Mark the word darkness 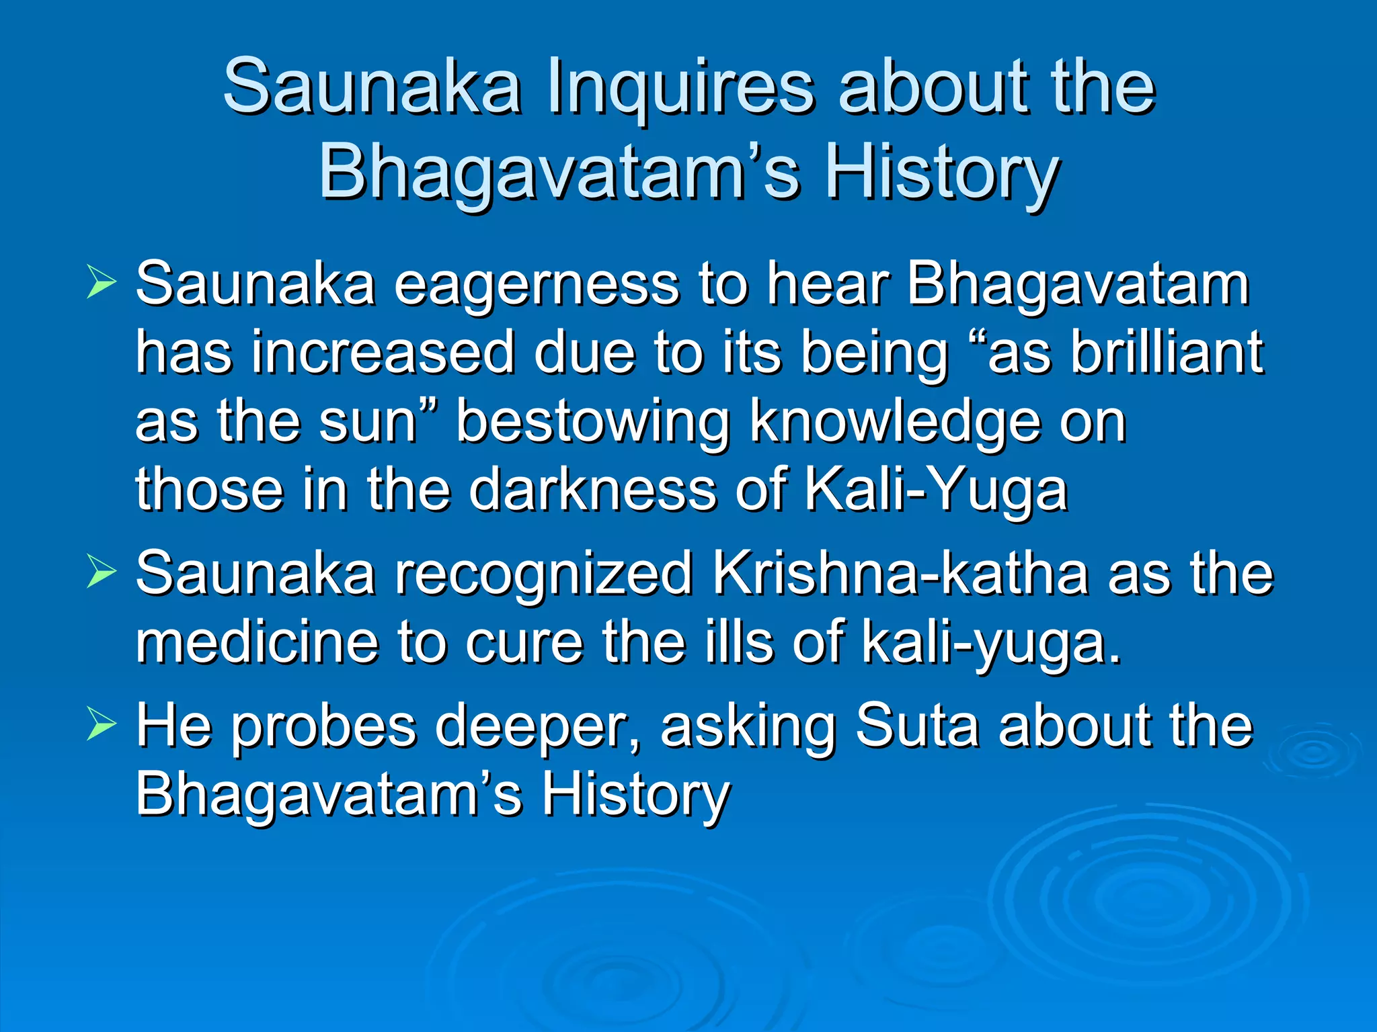pyautogui.click(x=592, y=490)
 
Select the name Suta pyautogui.click(x=917, y=727)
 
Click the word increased pyautogui.click(x=383, y=353)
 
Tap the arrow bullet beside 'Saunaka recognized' pyautogui.click(x=102, y=574)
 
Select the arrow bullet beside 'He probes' pyautogui.click(x=102, y=727)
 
